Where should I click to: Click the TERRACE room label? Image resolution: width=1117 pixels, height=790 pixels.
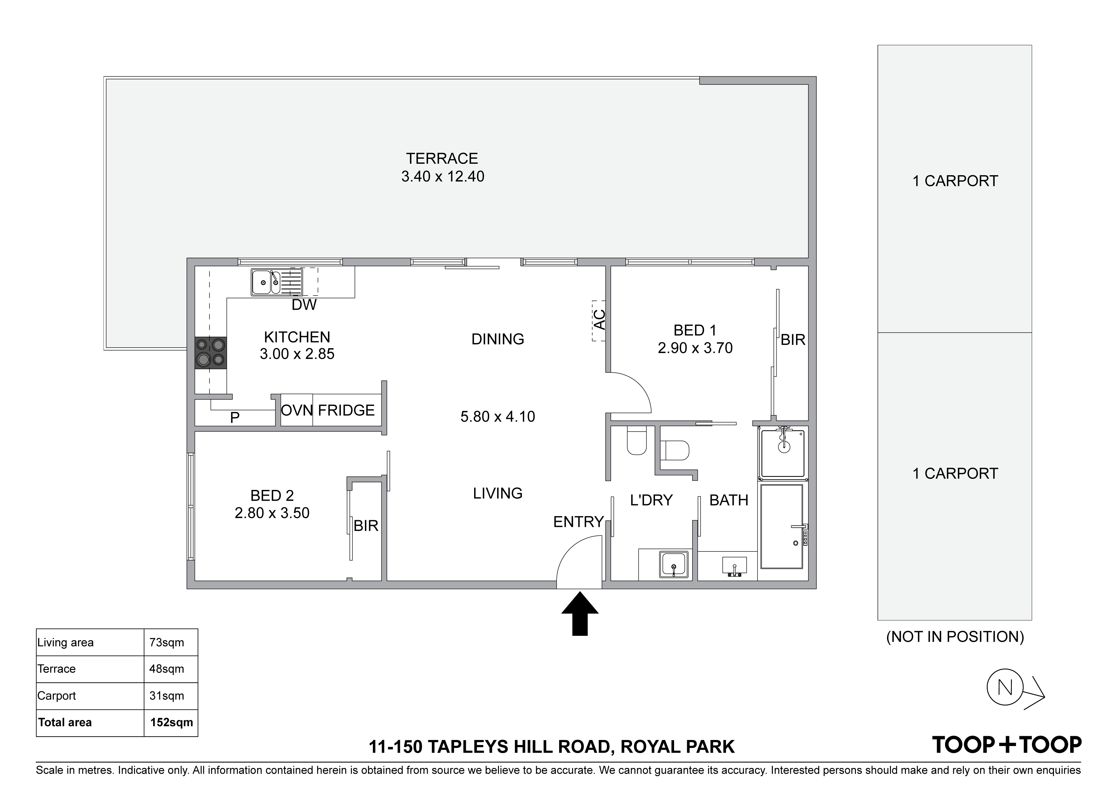pos(442,159)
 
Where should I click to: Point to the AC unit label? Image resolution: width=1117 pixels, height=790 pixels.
pos(600,319)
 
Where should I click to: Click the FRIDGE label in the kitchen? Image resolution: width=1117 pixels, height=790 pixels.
pos(346,410)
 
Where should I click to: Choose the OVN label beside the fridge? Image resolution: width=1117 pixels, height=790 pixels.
pos(297,410)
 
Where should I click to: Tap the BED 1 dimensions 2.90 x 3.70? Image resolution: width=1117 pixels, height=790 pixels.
pos(695,348)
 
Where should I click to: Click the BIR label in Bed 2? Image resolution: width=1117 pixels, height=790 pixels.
pos(366,526)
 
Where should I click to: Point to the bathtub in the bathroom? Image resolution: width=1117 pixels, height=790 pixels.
pos(782,526)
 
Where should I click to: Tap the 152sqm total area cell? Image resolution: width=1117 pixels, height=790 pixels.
pos(171,722)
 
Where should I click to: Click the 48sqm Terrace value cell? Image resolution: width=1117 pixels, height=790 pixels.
pos(167,669)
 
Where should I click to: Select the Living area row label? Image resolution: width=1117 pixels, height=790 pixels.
pos(65,643)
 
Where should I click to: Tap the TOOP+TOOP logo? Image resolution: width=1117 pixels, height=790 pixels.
pos(1007,745)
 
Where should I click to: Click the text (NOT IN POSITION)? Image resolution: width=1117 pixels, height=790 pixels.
pos(955,637)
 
